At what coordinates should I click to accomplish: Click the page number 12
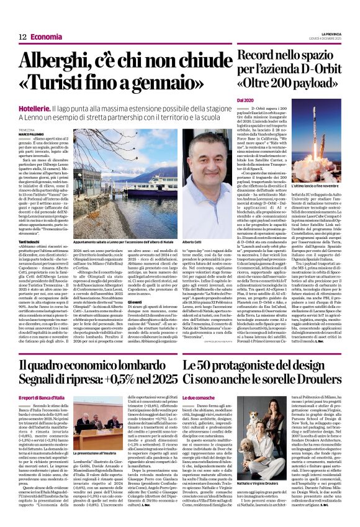point(22,37)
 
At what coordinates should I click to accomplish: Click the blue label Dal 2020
point(246,100)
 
